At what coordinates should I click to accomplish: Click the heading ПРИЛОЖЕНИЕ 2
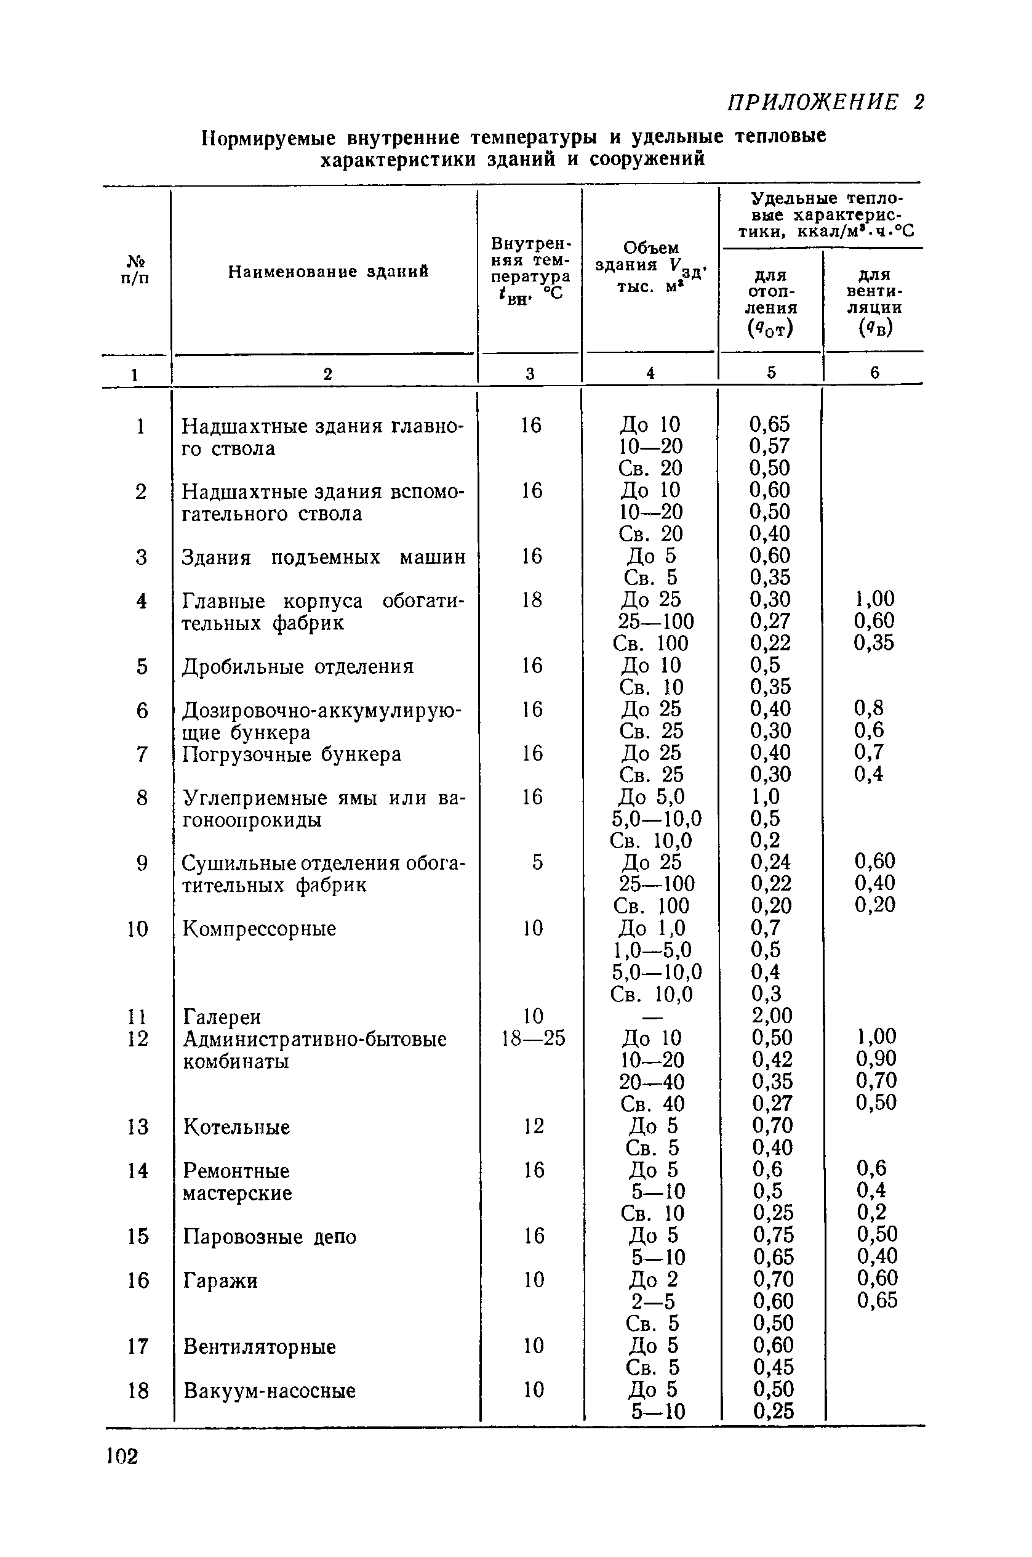click(x=825, y=102)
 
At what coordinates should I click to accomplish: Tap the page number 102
click(x=122, y=1456)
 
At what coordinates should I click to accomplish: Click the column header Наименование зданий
click(x=328, y=272)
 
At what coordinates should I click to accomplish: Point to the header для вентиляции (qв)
click(x=874, y=301)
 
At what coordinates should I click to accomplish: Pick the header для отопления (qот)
click(x=771, y=301)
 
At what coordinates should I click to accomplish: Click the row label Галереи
click(x=222, y=1017)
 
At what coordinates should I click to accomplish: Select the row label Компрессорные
click(x=259, y=929)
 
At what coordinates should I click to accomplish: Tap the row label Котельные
click(x=236, y=1127)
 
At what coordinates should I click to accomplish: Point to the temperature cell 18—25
click(x=533, y=1038)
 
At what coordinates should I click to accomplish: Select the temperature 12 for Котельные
click(x=534, y=1126)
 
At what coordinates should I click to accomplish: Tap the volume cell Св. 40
click(x=652, y=1104)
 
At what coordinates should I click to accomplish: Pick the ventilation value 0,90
click(x=876, y=1059)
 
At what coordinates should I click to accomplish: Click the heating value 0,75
click(x=774, y=1235)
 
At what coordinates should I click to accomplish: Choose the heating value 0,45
click(x=774, y=1367)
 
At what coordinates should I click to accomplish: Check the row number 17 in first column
click(x=138, y=1346)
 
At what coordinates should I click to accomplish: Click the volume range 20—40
click(x=652, y=1082)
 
